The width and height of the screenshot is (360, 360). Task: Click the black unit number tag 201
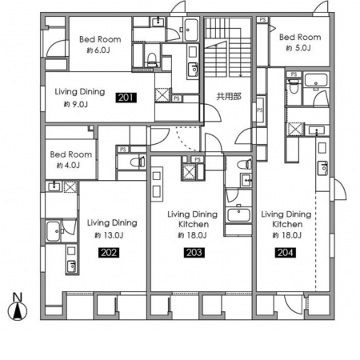(126, 98)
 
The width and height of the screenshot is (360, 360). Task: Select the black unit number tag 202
(109, 253)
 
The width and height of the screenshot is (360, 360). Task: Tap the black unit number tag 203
(194, 253)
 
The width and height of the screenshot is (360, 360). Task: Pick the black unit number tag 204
(285, 253)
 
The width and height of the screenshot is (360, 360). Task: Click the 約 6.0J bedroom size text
(98, 50)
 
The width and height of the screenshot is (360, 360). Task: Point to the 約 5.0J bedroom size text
(298, 48)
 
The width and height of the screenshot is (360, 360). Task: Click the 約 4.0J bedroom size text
(68, 166)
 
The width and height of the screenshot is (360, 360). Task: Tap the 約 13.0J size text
(109, 235)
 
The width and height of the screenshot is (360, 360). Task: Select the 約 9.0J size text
(76, 104)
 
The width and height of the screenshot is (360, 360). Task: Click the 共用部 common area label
(229, 96)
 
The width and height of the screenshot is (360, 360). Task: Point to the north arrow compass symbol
(18, 310)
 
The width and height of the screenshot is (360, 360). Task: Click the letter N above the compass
(18, 297)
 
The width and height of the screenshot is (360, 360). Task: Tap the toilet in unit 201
(151, 60)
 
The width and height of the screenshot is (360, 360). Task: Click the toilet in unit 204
(294, 86)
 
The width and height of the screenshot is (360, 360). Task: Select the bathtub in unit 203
(238, 214)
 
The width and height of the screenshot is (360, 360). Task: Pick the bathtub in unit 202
(54, 231)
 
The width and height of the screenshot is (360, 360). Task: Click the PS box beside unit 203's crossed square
(198, 159)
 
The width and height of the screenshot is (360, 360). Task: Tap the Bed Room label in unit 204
(300, 37)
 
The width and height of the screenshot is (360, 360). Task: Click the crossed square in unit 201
(162, 94)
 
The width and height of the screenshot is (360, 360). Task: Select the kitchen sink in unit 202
(71, 266)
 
